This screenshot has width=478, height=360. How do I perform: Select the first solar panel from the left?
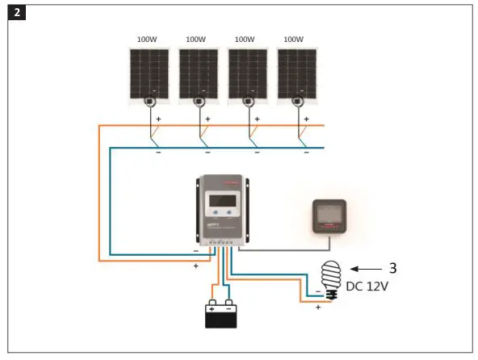149,74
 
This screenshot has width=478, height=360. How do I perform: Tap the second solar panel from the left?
198,74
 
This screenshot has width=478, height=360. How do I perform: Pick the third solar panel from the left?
248,74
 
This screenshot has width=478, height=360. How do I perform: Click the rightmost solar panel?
297,74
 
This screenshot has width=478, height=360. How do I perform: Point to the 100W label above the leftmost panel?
146,39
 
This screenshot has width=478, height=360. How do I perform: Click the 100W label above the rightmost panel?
295,39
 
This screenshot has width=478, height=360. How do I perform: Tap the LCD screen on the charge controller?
222,199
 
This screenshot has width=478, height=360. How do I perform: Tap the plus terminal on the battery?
212,308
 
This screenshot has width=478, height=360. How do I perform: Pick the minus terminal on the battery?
229,308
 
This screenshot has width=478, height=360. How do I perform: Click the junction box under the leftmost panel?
149,102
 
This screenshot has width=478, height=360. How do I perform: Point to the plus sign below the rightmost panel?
307,118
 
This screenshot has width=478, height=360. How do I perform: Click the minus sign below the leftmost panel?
158,152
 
